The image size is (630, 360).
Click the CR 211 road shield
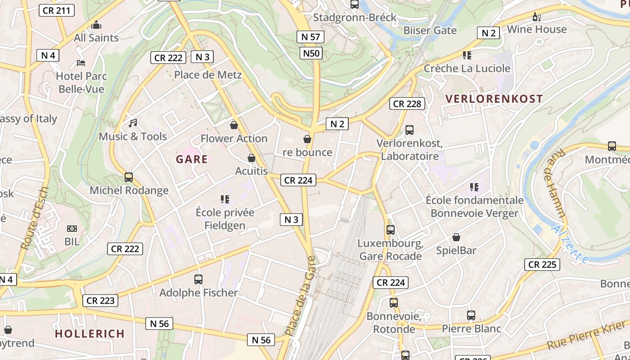(56, 10)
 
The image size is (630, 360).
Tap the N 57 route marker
(310, 37)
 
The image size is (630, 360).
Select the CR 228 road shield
(407, 103)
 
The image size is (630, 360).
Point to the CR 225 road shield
(542, 265)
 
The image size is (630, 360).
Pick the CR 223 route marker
(100, 301)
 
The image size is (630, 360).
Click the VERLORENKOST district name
(494, 99)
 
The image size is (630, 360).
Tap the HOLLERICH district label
(90, 333)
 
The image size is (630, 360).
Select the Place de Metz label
(208, 75)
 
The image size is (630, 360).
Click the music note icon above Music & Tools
(133, 123)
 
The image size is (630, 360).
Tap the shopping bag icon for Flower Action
(234, 125)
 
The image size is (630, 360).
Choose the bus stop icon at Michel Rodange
(129, 177)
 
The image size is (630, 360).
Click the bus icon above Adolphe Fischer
(198, 279)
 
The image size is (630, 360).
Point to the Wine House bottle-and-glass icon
(536, 17)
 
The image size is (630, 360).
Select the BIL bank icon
(72, 229)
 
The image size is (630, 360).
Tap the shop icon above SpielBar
(456, 237)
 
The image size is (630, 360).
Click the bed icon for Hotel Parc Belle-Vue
(81, 63)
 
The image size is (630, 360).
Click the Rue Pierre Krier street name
(587, 336)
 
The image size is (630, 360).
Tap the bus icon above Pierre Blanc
(471, 315)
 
